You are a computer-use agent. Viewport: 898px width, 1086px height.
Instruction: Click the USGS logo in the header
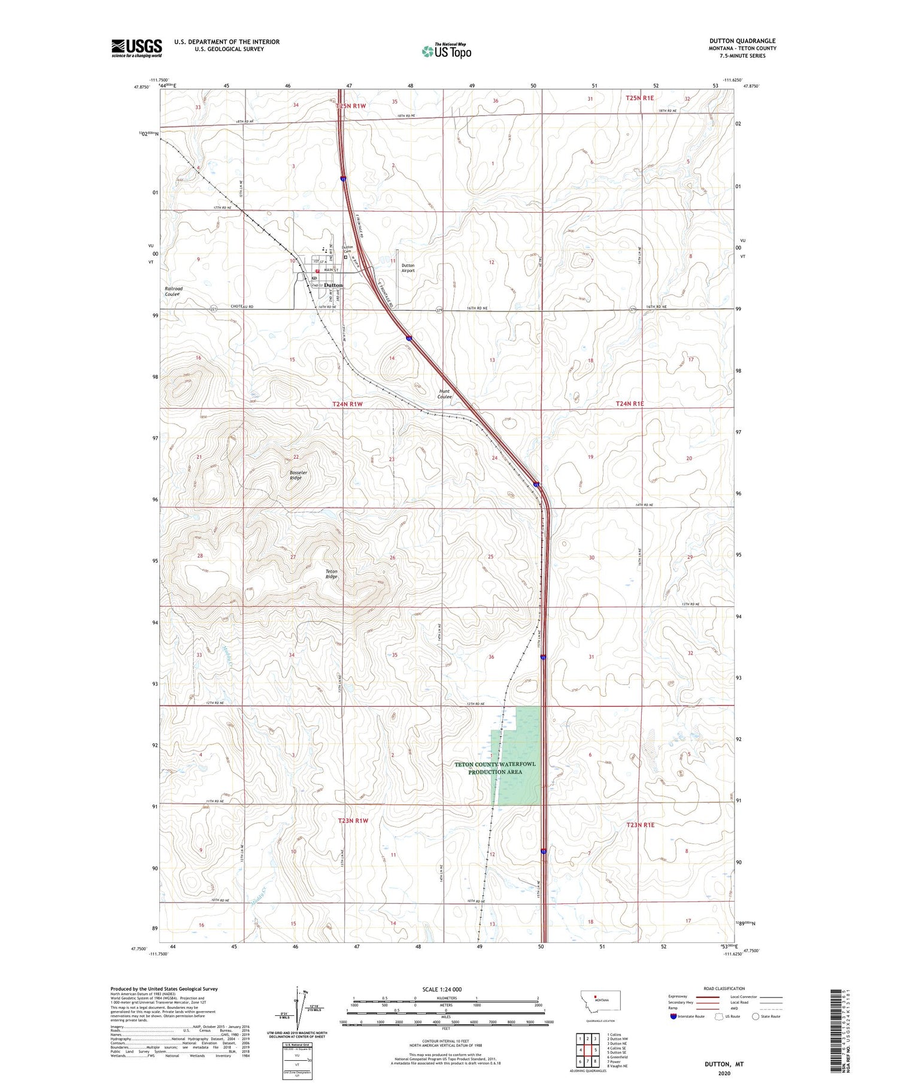136,48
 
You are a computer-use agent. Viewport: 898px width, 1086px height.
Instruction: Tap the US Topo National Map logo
447,51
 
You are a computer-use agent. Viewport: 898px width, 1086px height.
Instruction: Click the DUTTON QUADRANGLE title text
742,41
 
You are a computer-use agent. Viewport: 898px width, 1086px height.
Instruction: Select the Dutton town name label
333,285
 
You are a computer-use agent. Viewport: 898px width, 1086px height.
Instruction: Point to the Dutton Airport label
408,268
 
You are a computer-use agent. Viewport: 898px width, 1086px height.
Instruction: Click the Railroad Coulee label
174,291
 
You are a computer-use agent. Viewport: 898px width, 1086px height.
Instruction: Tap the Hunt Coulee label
444,394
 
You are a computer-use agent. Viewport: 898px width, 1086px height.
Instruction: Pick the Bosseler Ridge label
298,474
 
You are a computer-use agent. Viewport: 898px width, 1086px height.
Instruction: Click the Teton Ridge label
331,574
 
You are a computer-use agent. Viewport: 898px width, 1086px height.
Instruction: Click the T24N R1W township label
347,404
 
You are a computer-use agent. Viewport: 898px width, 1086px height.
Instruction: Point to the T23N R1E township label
640,825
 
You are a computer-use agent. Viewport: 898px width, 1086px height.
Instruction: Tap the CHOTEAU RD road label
243,307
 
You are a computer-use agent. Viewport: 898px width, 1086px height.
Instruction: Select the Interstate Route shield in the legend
674,1017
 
